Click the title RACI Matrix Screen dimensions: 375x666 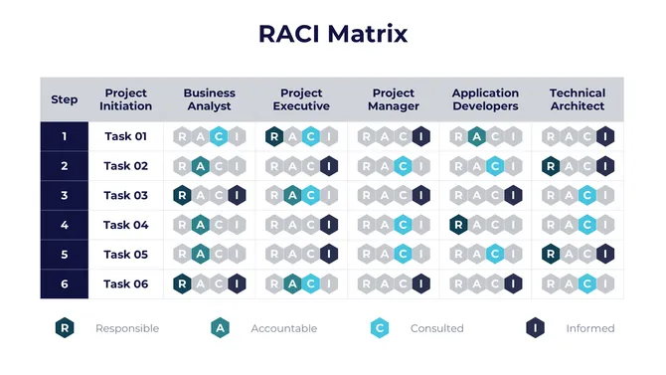tap(333, 34)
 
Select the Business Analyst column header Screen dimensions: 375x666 tap(209, 99)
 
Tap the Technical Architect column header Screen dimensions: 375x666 tap(577, 99)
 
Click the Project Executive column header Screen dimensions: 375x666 tap(301, 99)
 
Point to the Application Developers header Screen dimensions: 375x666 tap(485, 99)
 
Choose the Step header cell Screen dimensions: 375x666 tap(65, 99)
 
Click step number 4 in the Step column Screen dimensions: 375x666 tap(65, 225)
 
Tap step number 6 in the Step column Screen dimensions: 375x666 tap(65, 283)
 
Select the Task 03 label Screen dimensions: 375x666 tap(125, 196)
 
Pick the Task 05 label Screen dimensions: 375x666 tap(125, 255)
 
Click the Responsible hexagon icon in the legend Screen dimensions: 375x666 tap(65, 327)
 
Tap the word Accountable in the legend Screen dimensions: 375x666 tap(284, 328)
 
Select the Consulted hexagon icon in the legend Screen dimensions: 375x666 tap(379, 327)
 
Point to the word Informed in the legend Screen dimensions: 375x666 tap(590, 328)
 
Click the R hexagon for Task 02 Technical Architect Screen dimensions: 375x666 tap(551, 166)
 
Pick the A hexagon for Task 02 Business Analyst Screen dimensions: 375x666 tap(200, 166)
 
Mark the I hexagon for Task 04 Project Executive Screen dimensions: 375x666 tap(328, 225)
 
